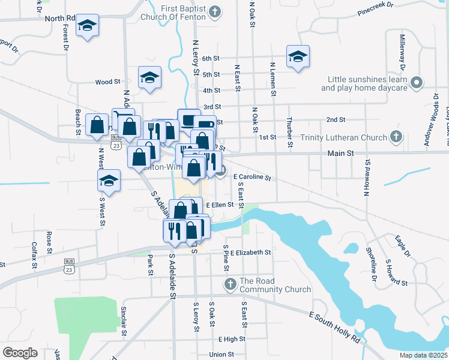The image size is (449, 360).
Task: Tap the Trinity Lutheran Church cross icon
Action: (x=396, y=137)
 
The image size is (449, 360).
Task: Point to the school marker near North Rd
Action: (x=88, y=26)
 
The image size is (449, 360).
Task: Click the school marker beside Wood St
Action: (x=150, y=77)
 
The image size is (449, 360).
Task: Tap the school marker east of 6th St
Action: (x=298, y=56)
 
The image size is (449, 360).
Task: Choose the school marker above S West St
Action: (x=109, y=180)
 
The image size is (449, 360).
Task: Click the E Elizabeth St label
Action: (x=250, y=253)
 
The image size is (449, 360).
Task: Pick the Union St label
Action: (x=221, y=355)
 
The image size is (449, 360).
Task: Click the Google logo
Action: (x=20, y=353)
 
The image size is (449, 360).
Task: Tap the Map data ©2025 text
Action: (x=423, y=355)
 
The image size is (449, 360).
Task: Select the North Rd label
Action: (x=60, y=19)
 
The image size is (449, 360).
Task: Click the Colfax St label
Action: (x=34, y=255)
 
